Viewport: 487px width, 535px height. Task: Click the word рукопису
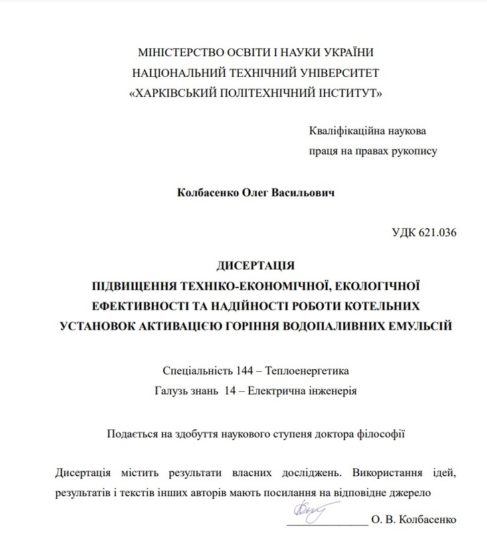tap(410, 151)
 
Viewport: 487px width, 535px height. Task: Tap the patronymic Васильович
tap(304, 192)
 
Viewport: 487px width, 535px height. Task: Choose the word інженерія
tap(332, 391)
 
